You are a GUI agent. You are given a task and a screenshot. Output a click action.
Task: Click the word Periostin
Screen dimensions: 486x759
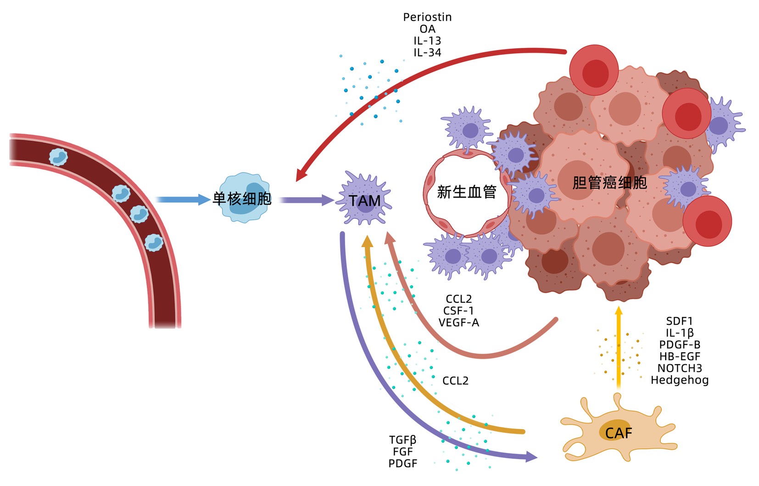[427, 17]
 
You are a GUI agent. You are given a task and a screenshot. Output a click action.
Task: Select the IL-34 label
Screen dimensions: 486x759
[427, 53]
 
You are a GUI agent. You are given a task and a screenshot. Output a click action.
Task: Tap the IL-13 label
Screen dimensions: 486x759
[427, 41]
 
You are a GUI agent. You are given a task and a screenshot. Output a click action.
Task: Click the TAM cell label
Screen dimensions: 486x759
[364, 201]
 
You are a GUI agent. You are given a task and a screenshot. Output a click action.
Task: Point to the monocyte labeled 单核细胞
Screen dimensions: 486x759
[242, 198]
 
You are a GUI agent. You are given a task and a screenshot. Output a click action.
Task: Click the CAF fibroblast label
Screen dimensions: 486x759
[618, 433]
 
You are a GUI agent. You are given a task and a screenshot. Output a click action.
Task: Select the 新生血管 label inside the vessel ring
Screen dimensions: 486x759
[466, 192]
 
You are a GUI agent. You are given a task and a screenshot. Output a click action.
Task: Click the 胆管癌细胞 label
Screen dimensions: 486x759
[609, 183]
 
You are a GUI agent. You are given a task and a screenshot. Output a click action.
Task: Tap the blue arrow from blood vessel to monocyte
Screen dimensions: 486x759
[182, 199]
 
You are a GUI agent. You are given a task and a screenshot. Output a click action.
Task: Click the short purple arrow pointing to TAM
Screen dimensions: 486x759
[306, 200]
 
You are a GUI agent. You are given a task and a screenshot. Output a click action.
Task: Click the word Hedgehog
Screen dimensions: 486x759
[680, 380]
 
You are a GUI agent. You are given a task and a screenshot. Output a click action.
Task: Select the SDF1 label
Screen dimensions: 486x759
[679, 321]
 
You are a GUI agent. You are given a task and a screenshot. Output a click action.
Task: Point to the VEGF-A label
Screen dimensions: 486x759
[458, 323]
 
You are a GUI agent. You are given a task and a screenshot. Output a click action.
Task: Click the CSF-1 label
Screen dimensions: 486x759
[458, 311]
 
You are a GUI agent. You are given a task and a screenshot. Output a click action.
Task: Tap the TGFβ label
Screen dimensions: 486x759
[402, 440]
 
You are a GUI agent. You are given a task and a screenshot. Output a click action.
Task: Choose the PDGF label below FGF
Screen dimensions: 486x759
[402, 464]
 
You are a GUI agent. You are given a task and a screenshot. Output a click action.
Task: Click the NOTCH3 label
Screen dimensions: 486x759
[680, 368]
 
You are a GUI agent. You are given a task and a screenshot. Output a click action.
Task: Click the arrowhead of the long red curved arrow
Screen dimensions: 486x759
[301, 176]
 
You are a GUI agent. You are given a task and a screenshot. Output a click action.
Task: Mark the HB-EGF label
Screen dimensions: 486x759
[680, 356]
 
